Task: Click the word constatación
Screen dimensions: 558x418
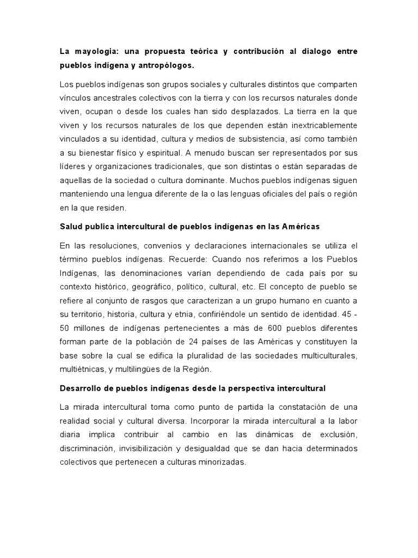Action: pos(301,408)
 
